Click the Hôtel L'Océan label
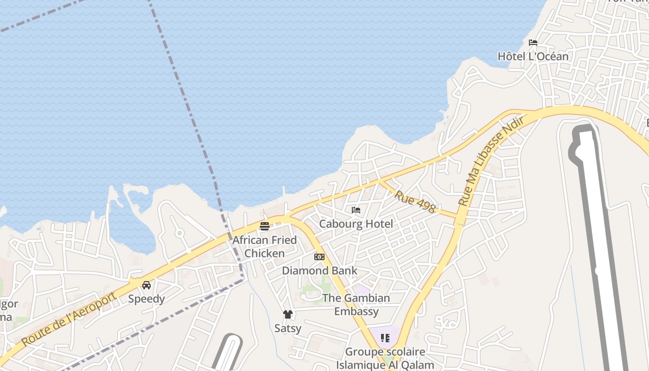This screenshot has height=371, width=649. (x=533, y=57)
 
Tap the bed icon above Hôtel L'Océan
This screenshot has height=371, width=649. (x=533, y=43)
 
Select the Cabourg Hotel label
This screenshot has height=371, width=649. (x=356, y=224)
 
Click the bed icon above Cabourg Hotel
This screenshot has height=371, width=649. (x=356, y=210)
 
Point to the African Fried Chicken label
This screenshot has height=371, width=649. (x=264, y=247)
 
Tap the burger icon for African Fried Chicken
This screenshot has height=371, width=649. (x=265, y=226)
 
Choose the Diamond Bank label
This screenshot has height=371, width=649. (x=319, y=271)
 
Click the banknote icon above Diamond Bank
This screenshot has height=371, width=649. (x=319, y=257)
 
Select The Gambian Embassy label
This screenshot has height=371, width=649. (x=356, y=305)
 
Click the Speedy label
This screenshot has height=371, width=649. (x=146, y=299)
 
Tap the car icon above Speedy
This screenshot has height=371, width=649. (x=146, y=285)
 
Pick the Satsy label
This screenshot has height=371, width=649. (x=288, y=328)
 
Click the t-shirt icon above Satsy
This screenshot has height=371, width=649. (x=288, y=314)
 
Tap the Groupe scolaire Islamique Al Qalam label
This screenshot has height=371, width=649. (x=385, y=358)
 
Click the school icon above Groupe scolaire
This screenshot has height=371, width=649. (x=385, y=338)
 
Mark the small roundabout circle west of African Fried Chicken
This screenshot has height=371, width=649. (x=179, y=233)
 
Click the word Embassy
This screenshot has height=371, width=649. (x=356, y=312)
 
